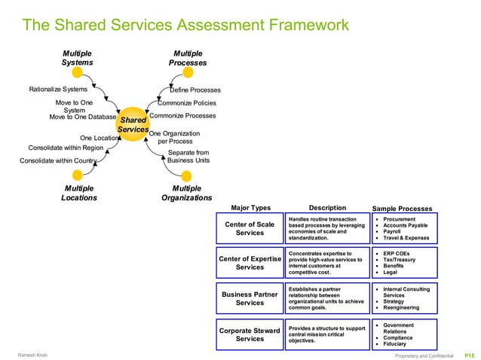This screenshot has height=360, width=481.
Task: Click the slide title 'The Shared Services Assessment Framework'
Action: pyautogui.click(x=185, y=26)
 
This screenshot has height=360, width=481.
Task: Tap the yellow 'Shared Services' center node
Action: pyautogui.click(x=133, y=125)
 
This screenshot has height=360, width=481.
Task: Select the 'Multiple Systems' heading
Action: pyautogui.click(x=77, y=58)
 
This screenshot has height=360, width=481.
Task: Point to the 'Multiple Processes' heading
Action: pyautogui.click(x=187, y=58)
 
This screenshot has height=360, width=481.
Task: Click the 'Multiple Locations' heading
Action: pyautogui.click(x=79, y=193)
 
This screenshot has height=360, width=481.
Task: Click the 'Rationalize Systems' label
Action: pyautogui.click(x=58, y=90)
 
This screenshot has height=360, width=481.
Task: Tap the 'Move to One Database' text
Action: pyautogui.click(x=82, y=117)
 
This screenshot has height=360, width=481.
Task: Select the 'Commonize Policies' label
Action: pyautogui.click(x=187, y=103)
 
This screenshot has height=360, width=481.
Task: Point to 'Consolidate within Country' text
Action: pyautogui.click(x=57, y=160)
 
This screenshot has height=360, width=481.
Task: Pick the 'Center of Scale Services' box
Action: pyautogui.click(x=250, y=228)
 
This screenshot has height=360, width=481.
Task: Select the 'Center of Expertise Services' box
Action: pyautogui.click(x=250, y=263)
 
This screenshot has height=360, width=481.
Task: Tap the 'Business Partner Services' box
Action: pyautogui.click(x=250, y=298)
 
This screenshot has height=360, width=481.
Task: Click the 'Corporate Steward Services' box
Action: pyautogui.click(x=250, y=334)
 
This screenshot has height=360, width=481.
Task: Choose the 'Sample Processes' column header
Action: pyautogui.click(x=403, y=209)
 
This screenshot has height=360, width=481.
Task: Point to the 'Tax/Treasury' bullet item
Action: pyautogui.click(x=400, y=260)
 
